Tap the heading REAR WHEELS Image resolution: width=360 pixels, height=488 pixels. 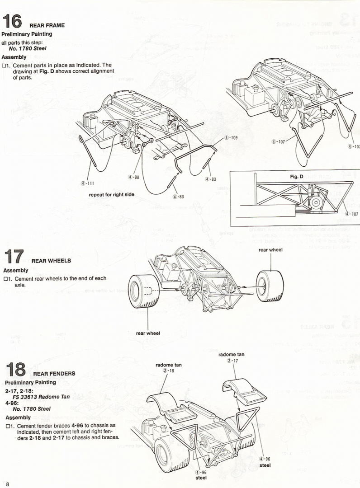51,261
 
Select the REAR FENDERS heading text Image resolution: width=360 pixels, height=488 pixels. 54,374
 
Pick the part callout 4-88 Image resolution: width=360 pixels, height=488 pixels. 133,177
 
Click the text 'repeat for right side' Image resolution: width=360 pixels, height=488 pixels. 111,194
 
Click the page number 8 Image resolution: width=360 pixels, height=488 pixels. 8,483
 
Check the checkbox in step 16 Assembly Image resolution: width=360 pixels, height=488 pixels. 5,66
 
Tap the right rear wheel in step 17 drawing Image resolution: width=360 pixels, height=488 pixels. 270,285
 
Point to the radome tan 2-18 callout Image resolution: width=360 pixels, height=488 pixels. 165,367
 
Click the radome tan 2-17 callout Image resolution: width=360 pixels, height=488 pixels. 232,357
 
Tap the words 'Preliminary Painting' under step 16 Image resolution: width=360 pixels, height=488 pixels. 27,34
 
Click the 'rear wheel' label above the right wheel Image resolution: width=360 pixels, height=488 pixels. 270,250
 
